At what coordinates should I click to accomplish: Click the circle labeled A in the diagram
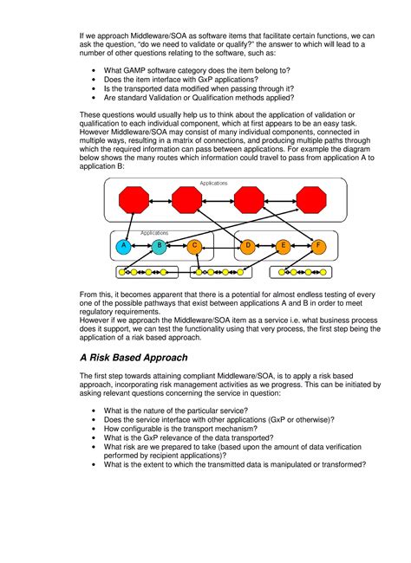(x=123, y=247)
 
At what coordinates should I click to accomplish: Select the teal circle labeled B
(x=160, y=247)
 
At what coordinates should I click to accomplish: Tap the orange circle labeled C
(x=195, y=247)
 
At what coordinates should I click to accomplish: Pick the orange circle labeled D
(x=247, y=247)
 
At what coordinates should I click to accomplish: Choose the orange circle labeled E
(x=283, y=247)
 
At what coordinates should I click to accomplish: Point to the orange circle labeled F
(x=318, y=247)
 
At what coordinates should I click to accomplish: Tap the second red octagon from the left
(x=186, y=201)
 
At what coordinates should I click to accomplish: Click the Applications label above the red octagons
(x=213, y=184)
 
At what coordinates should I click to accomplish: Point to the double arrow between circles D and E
(x=264, y=247)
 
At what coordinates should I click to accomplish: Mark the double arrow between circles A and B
(x=141, y=247)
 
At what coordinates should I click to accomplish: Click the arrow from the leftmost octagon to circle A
(x=128, y=226)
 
